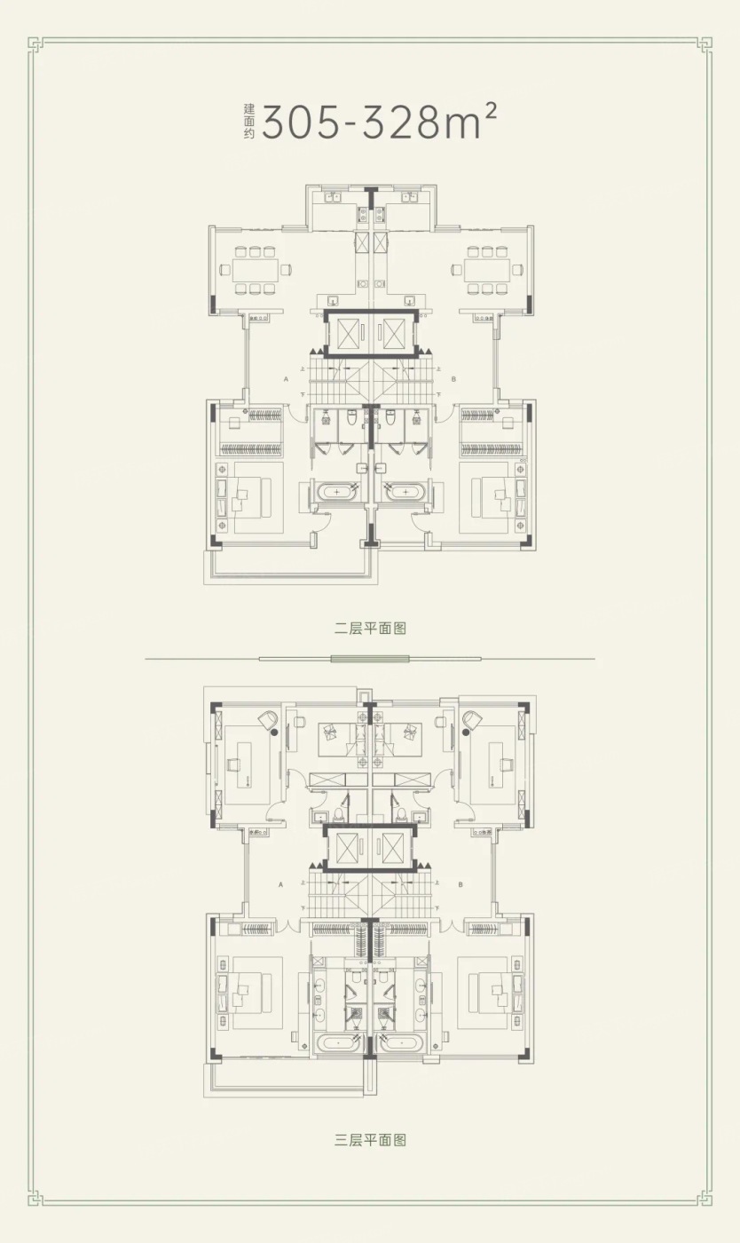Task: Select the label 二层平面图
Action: click(x=370, y=629)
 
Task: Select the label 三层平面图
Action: click(x=370, y=1140)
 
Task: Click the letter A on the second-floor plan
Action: click(x=286, y=378)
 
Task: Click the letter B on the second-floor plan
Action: click(x=453, y=378)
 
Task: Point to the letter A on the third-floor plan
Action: click(x=280, y=884)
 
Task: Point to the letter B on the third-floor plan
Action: click(x=461, y=884)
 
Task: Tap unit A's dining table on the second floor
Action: click(x=255, y=269)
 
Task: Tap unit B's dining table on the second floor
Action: click(x=486, y=269)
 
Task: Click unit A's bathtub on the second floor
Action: click(x=337, y=491)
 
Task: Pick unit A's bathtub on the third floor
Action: click(x=336, y=1042)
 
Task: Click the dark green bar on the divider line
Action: click(x=369, y=659)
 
